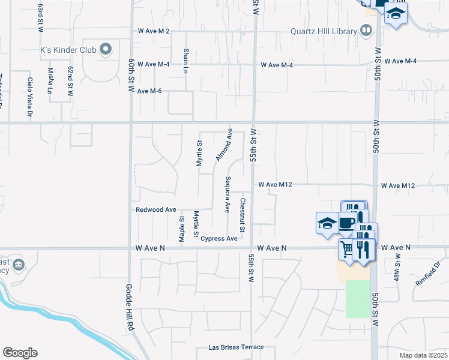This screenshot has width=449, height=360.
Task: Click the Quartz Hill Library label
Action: tap(323, 31)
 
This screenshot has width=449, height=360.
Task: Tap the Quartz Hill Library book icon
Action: tap(366, 31)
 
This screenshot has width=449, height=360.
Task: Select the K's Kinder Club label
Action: tap(68, 49)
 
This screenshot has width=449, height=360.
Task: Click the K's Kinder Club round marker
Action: tap(106, 49)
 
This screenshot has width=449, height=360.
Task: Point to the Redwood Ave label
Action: tap(156, 209)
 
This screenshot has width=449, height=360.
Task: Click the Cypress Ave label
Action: tap(219, 238)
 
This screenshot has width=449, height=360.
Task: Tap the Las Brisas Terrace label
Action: tap(236, 347)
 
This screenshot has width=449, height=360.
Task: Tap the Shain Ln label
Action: tap(186, 61)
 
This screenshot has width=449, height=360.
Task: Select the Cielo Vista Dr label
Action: tap(29, 95)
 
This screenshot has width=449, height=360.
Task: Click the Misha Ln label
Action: tap(50, 82)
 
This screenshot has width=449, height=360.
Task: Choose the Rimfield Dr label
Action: tap(427, 272)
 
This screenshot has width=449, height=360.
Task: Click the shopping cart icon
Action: tap(346, 247)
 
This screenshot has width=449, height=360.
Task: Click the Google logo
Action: tap(20, 353)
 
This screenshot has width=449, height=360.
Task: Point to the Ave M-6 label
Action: tap(149, 91)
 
